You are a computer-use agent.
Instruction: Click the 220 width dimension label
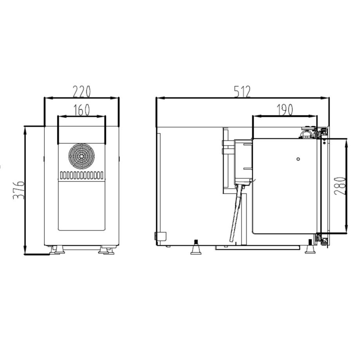82,91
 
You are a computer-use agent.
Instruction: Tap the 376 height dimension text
19,190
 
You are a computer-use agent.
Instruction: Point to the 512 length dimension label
242,91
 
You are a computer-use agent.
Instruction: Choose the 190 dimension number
285,110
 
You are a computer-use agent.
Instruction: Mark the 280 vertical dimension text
339,186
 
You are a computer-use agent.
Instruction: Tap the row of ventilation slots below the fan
81,175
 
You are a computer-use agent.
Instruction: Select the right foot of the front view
106,250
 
